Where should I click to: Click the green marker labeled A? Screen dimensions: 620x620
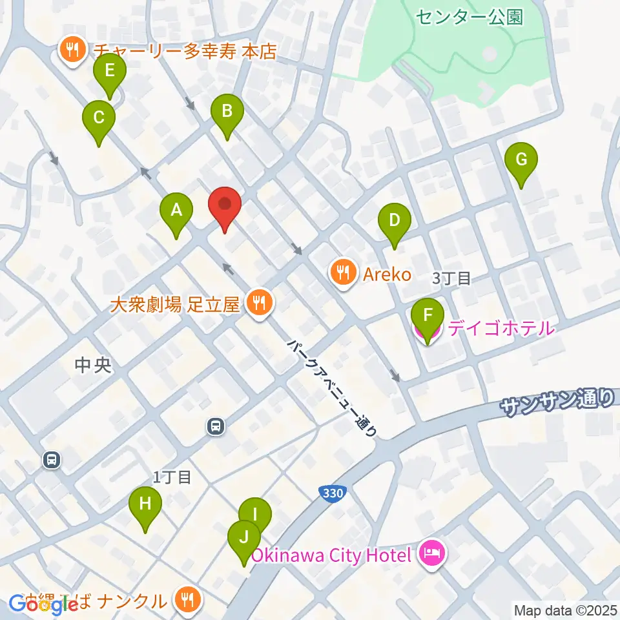[176, 211]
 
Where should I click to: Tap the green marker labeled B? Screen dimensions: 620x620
[227, 112]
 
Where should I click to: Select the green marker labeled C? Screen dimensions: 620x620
[99, 119]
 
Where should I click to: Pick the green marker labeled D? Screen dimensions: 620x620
[394, 222]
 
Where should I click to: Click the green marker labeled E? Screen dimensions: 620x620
[109, 72]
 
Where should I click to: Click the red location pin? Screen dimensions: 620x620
[225, 205]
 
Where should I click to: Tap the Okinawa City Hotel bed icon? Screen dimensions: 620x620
[431, 553]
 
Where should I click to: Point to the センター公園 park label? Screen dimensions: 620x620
[469, 17]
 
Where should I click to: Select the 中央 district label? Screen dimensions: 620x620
[93, 366]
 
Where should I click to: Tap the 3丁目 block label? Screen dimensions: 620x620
[452, 279]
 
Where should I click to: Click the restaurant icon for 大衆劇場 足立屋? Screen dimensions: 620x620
[260, 302]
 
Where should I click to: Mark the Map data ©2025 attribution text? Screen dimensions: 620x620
[564, 609]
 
